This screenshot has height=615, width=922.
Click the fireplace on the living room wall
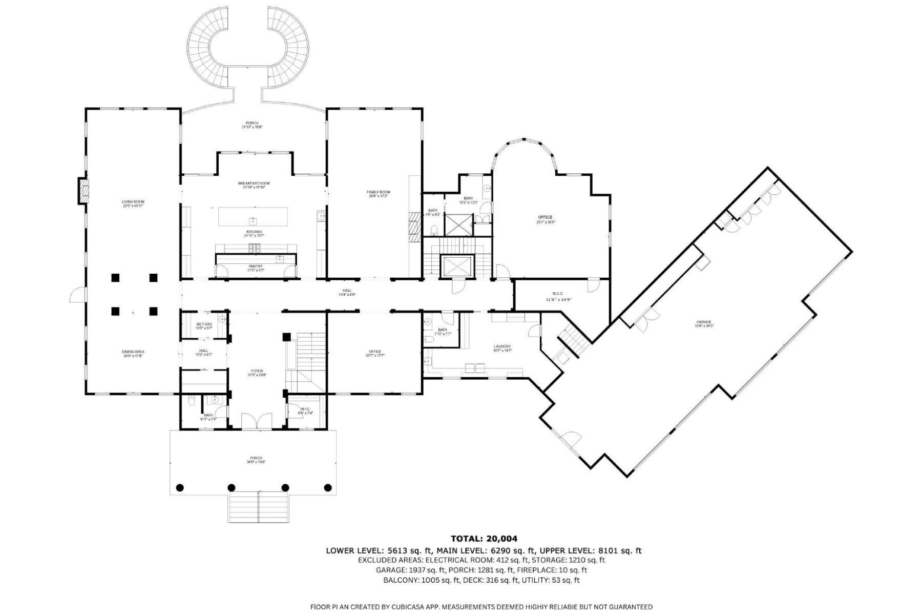[82, 191]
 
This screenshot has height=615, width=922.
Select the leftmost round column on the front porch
[180, 487]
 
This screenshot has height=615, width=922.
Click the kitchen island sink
[253, 221]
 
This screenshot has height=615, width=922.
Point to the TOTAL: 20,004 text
[484, 539]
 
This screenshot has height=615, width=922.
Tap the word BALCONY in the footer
[401, 580]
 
